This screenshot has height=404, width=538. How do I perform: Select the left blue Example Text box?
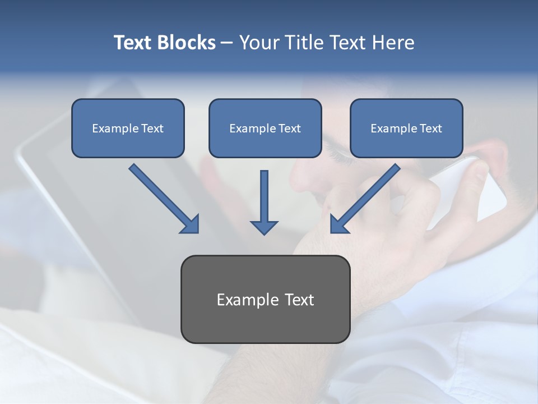[128, 128]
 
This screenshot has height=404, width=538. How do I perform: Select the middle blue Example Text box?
[265, 128]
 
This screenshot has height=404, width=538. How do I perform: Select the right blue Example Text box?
[406, 128]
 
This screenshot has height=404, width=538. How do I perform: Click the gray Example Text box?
[265, 299]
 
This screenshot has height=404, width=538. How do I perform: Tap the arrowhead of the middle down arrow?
[264, 227]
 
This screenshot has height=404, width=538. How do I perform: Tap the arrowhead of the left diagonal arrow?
[191, 224]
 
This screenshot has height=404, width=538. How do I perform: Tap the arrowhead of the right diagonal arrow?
[338, 224]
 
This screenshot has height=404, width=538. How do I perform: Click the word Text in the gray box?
[297, 300]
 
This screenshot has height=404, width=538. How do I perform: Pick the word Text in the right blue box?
[431, 128]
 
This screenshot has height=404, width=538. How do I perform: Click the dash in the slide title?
[227, 43]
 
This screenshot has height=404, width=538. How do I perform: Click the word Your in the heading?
[258, 43]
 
